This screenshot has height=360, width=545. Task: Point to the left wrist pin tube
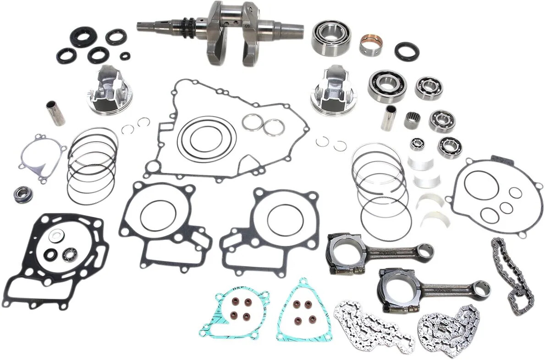point(55,113)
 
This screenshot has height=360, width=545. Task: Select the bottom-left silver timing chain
point(371,326)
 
